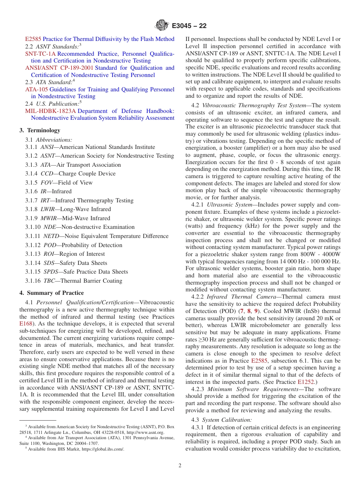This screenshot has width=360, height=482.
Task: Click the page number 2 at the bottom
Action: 180,466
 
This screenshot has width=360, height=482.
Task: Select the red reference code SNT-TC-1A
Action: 40,54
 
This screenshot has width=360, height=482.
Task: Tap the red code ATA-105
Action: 36,89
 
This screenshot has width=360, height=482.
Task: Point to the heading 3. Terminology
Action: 40,130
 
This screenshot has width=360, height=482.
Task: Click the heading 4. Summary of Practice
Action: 52,293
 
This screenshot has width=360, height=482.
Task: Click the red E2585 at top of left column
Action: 33,39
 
